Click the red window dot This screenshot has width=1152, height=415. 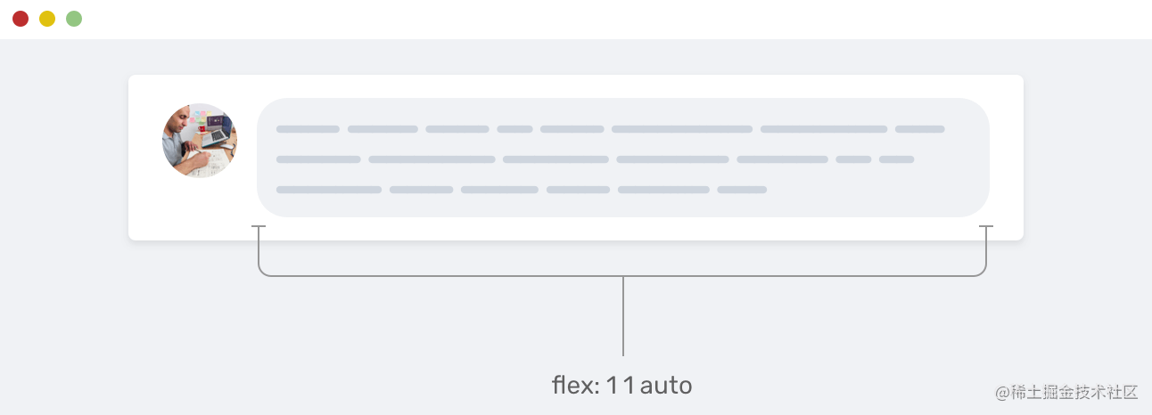pyautogui.click(x=21, y=19)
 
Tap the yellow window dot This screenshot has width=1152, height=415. pyautogui.click(x=47, y=19)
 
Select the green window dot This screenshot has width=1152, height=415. pyautogui.click(x=74, y=19)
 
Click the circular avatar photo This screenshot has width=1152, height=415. pyautogui.click(x=200, y=140)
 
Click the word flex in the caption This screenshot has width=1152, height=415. pyautogui.click(x=571, y=386)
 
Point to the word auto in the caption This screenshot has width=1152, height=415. pyautogui.click(x=666, y=386)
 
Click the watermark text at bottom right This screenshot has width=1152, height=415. pyautogui.click(x=1067, y=392)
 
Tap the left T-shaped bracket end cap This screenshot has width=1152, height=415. pyautogui.click(x=259, y=228)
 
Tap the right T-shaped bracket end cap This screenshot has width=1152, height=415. pyautogui.click(x=986, y=228)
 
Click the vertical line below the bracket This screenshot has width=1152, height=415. pyautogui.click(x=623, y=316)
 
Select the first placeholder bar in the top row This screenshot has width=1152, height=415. pyautogui.click(x=308, y=129)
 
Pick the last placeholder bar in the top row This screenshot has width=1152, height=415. pyautogui.click(x=919, y=129)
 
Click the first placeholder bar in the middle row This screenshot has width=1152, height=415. pyautogui.click(x=318, y=159)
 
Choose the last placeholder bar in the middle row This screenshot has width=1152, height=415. pyautogui.click(x=896, y=159)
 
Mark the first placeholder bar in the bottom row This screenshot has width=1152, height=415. pyautogui.click(x=329, y=190)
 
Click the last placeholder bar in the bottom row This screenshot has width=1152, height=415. pyautogui.click(x=742, y=190)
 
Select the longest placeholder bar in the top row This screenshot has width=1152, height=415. pyautogui.click(x=682, y=129)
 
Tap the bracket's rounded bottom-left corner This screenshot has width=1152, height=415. pyautogui.click(x=262, y=273)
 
